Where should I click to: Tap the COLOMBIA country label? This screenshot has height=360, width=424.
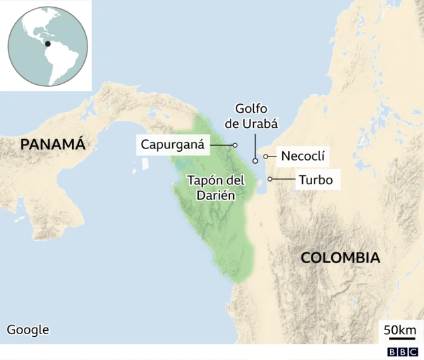pyautogui.click(x=341, y=258)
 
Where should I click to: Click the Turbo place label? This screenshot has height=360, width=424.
pyautogui.click(x=315, y=179)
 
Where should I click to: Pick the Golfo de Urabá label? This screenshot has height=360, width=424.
pyautogui.click(x=255, y=115)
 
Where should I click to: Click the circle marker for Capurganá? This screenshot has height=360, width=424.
pyautogui.click(x=235, y=145)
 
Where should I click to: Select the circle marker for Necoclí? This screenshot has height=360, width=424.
pyautogui.click(x=266, y=156)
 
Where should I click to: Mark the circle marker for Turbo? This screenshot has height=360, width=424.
pyautogui.click(x=270, y=179)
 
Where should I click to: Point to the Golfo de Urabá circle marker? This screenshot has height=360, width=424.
pyautogui.click(x=255, y=160)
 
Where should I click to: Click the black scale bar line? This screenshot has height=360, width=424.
pyautogui.click(x=399, y=339)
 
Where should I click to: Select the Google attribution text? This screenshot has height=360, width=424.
pyautogui.click(x=28, y=330)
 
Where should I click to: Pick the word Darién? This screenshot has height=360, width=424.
pyautogui.click(x=216, y=195)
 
